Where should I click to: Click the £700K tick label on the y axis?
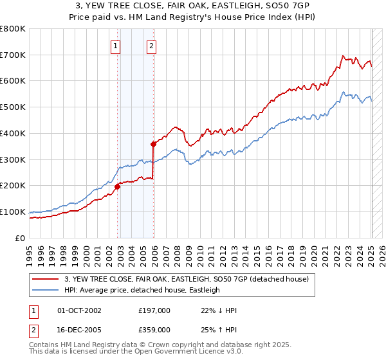pyautogui.click(x=13, y=55)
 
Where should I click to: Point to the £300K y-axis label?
pyautogui.click(x=13, y=159)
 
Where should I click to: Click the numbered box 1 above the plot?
pyautogui.click(x=115, y=46)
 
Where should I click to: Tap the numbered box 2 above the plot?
pyautogui.click(x=151, y=46)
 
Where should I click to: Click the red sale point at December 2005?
pyautogui.click(x=154, y=144)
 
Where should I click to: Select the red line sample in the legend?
pyautogui.click(x=46, y=279)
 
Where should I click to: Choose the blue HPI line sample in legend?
pyautogui.click(x=46, y=290)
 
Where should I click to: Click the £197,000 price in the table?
pyautogui.click(x=154, y=310)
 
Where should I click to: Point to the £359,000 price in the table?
pyautogui.click(x=154, y=329)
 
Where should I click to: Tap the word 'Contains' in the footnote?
pyautogui.click(x=44, y=346)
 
